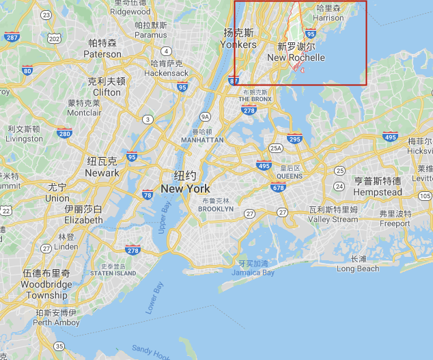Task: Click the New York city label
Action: [x=185, y=188]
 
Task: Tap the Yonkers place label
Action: [x=238, y=44]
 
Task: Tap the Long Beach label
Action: [x=358, y=268]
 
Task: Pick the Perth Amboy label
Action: [x=51, y=322]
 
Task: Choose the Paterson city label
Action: [x=102, y=54]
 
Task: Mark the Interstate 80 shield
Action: [x=27, y=70]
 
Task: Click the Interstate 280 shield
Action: [x=65, y=133]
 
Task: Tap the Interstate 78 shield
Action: [x=148, y=195]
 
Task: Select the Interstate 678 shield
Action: [x=278, y=187]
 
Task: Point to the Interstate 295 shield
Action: [x=295, y=138]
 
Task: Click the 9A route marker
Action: [x=205, y=117]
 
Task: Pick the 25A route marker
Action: [x=276, y=148]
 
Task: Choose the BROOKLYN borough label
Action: [x=215, y=208]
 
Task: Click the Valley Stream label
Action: [x=333, y=219]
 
